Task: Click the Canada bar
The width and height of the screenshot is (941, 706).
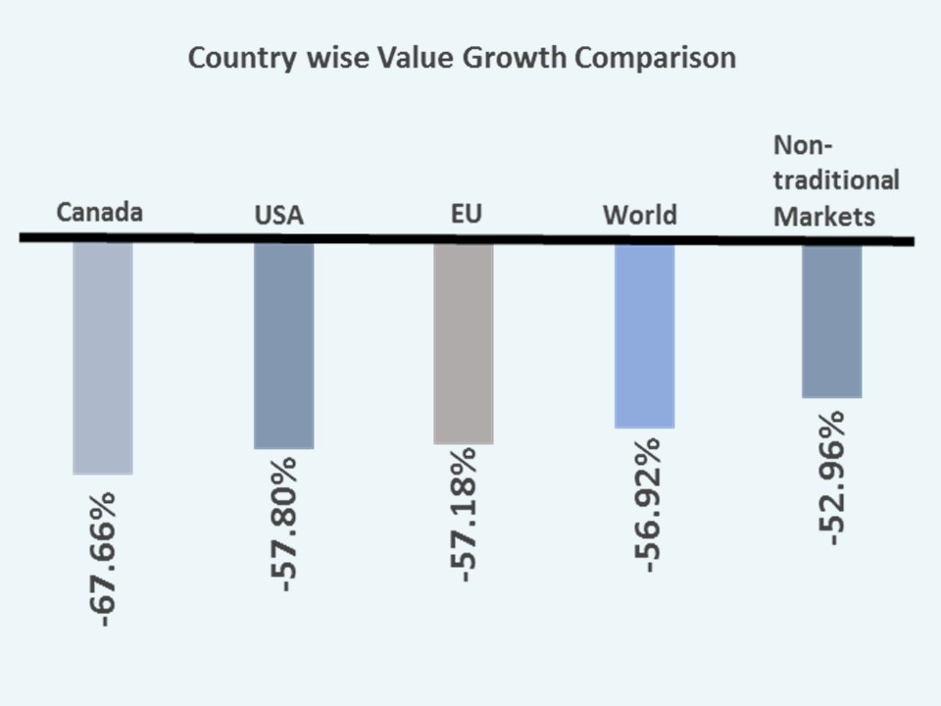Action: pos(102,358)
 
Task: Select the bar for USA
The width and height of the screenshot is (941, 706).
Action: pos(283,345)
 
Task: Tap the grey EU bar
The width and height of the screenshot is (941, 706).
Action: pos(463,343)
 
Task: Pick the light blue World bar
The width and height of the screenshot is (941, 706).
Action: pos(644,335)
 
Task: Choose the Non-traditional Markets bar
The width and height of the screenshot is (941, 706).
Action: pos(831,321)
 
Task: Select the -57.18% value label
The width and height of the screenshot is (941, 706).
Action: pos(463,515)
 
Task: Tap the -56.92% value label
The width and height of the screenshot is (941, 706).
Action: pos(644,499)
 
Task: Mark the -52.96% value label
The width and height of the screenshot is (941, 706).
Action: pos(831,479)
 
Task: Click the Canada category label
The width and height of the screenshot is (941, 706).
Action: pos(100,212)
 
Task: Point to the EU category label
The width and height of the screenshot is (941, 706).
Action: pos(467,213)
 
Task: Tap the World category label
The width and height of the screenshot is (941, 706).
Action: pos(640,214)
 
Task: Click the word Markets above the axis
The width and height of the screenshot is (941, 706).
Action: pos(824,216)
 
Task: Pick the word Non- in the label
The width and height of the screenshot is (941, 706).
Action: pos(803,145)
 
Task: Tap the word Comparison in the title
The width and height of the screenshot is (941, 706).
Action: pos(655,58)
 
